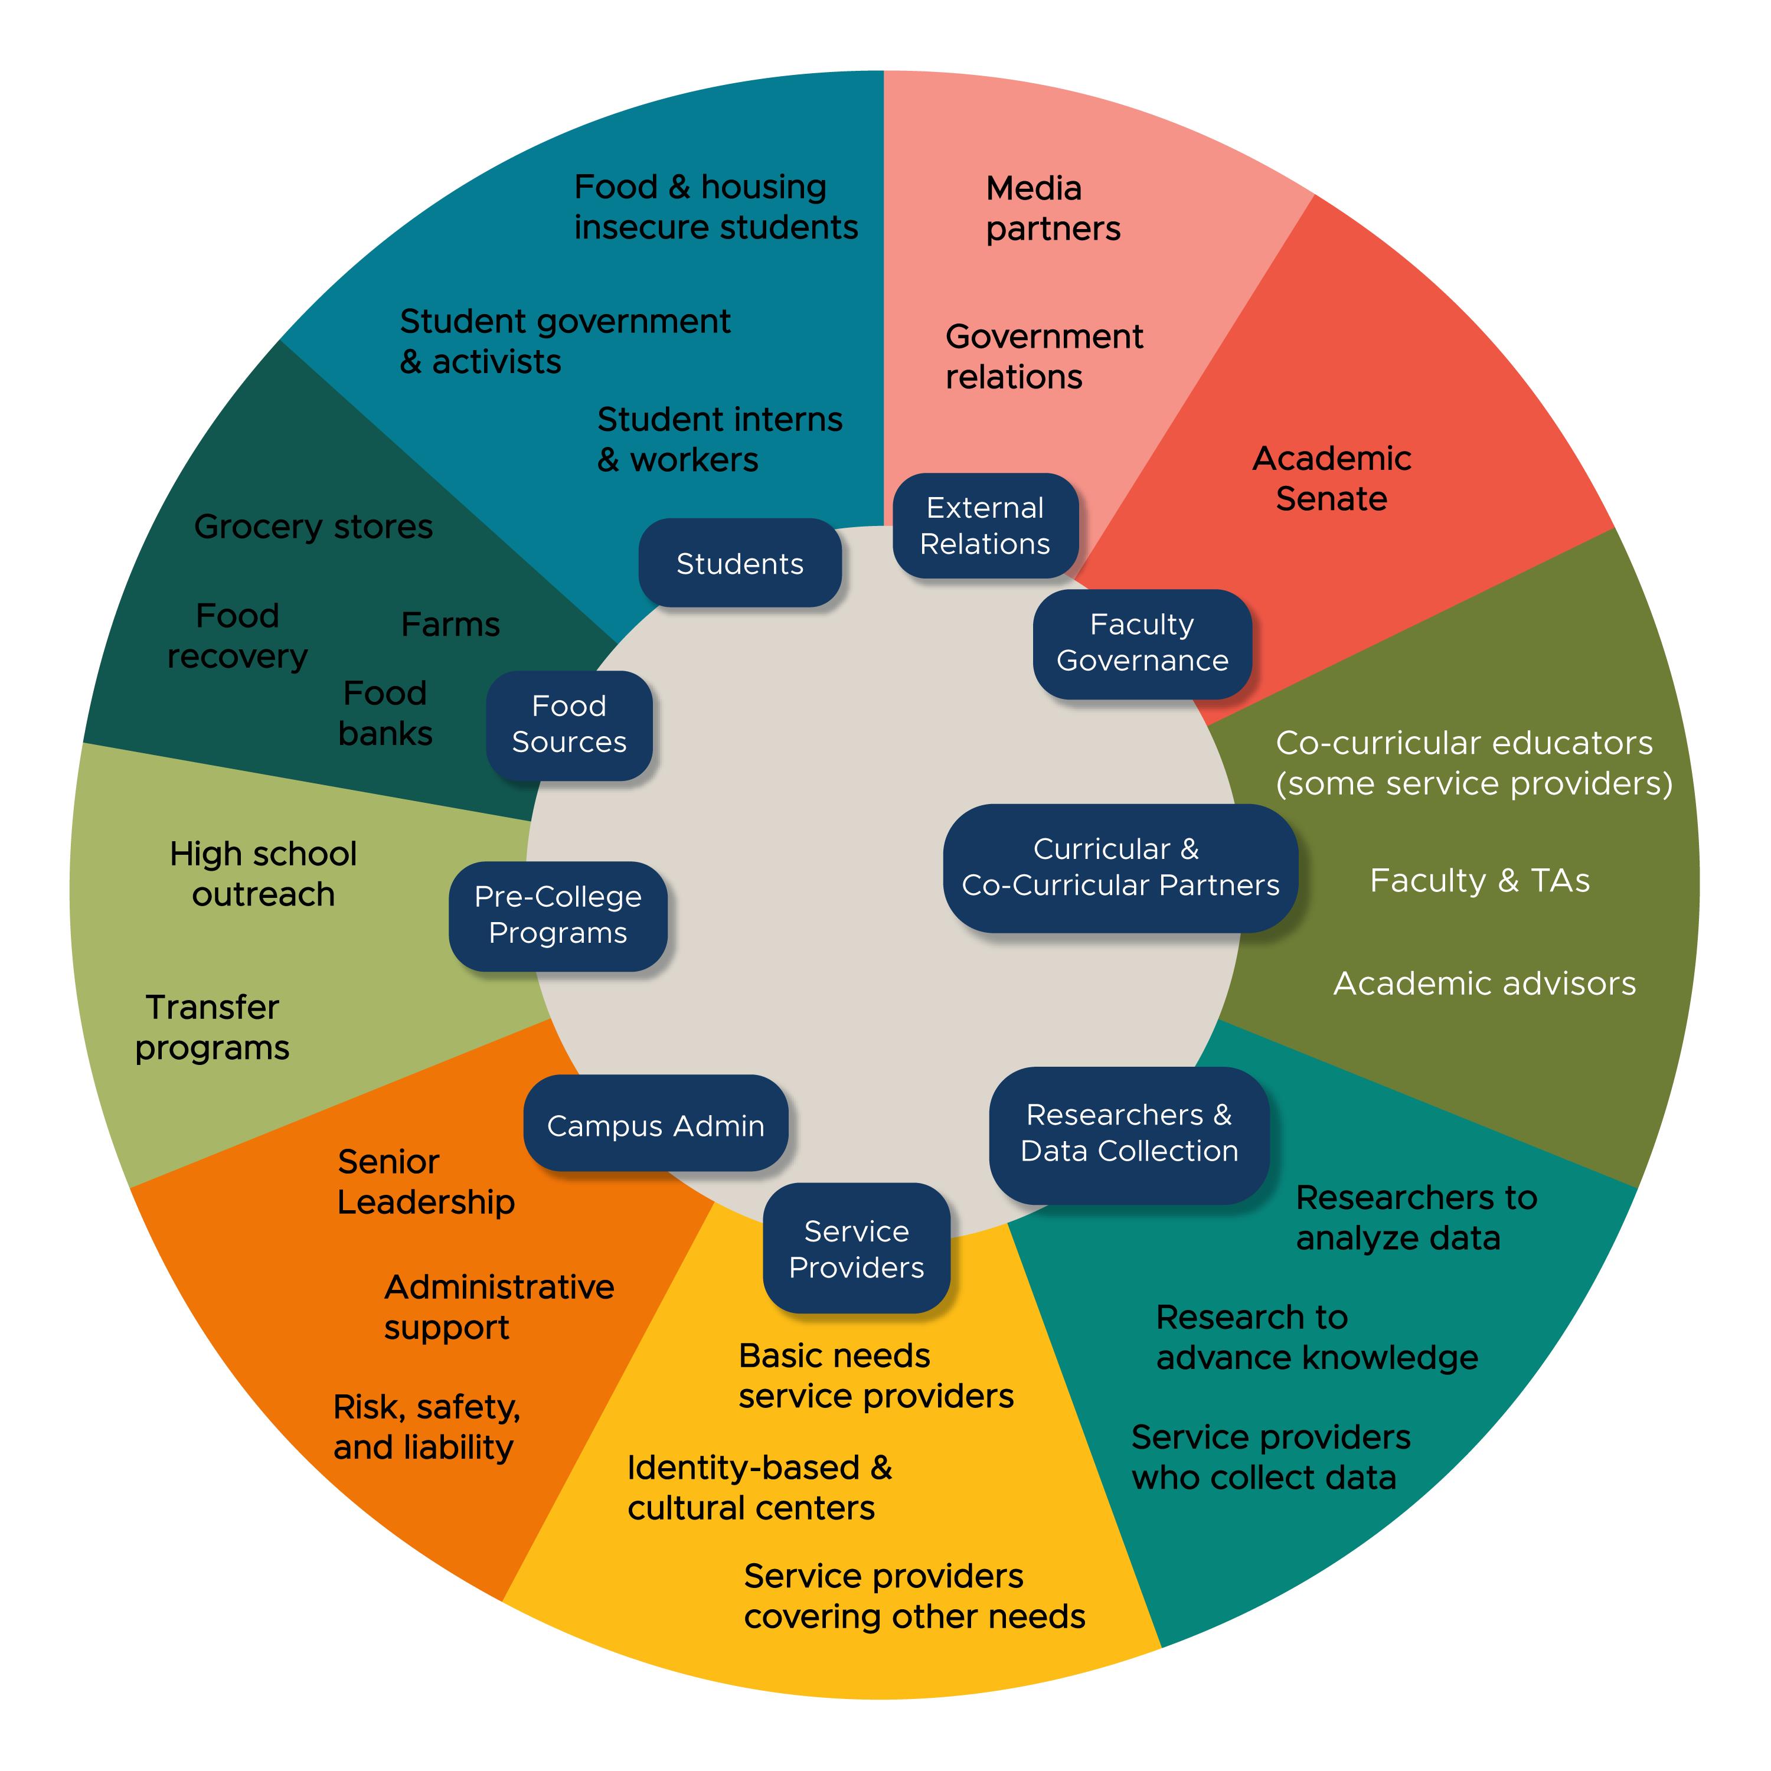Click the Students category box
740,563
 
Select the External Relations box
985,525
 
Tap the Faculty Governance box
1142,643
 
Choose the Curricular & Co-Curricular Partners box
1120,867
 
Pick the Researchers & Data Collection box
1129,1133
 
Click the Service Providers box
856,1249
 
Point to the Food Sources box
569,724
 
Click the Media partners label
1053,208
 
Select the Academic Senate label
1331,479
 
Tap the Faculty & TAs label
1479,881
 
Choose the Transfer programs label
212,1028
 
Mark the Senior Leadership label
425,1182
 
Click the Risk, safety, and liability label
426,1427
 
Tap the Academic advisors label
1484,983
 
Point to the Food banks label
385,713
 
